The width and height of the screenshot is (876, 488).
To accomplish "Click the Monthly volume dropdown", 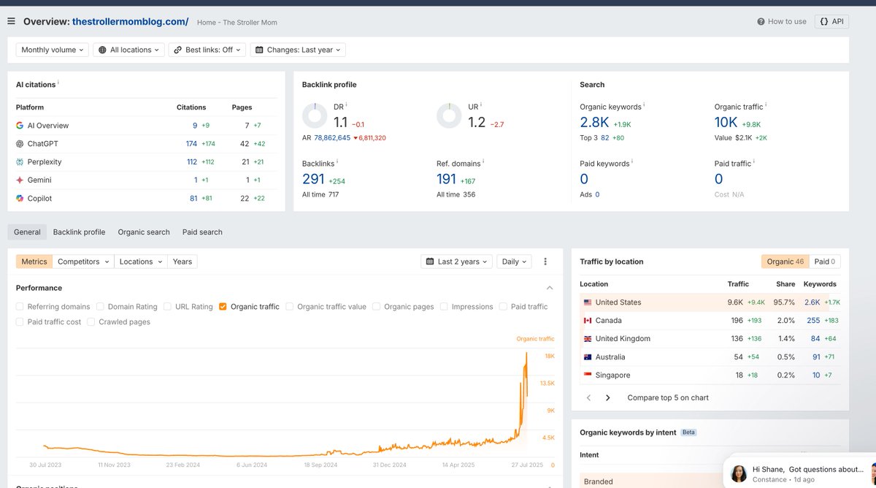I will [x=53, y=50].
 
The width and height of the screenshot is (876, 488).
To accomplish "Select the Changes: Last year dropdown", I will [x=299, y=50].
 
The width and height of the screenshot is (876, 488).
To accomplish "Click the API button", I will [x=831, y=21].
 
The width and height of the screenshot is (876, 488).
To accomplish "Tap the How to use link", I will [x=782, y=21].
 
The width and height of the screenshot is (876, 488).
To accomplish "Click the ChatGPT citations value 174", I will [x=191, y=144].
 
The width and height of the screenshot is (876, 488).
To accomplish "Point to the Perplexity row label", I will [x=44, y=162].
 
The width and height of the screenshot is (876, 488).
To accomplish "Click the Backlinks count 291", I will [x=313, y=179].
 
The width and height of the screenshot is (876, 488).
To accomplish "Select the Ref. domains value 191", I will [x=446, y=179].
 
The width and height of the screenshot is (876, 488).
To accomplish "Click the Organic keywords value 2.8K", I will [x=594, y=122].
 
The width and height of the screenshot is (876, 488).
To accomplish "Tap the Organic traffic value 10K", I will [x=726, y=122].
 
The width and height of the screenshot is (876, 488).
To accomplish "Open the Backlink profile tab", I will [x=79, y=232].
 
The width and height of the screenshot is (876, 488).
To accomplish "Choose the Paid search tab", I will [x=202, y=232].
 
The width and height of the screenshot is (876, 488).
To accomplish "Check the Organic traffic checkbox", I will [x=223, y=307].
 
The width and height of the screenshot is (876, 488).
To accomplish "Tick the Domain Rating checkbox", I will [x=101, y=307].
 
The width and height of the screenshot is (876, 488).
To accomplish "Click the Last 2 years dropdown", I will [x=458, y=262].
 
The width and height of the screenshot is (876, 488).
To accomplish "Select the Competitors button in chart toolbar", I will [x=83, y=262].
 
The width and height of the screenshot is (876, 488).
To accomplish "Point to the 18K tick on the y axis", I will [x=549, y=356].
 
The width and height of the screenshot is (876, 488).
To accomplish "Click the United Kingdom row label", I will [x=622, y=339].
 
